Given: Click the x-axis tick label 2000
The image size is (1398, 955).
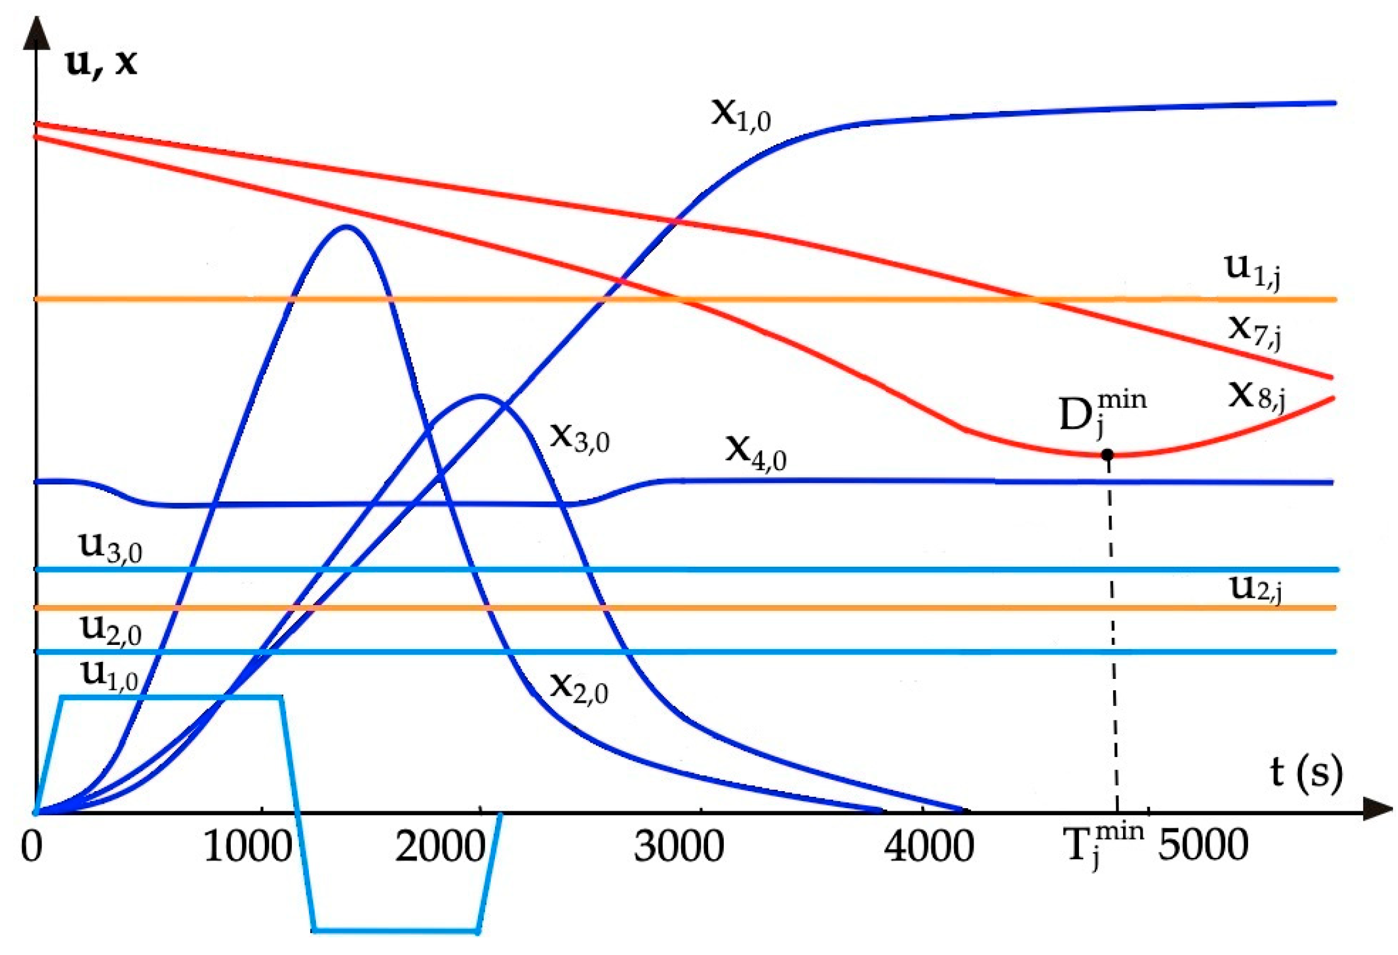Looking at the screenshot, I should click(440, 846).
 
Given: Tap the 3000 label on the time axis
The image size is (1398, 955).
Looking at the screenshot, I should click(679, 846).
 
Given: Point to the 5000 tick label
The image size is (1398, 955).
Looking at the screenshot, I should click(1203, 846).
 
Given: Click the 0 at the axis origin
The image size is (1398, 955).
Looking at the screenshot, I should click(32, 846).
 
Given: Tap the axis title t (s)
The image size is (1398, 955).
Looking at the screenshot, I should click(1306, 773).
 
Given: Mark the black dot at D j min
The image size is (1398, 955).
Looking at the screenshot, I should click(1107, 454).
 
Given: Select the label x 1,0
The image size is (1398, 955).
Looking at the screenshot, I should click(741, 115).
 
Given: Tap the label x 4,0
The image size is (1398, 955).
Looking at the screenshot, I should click(755, 452).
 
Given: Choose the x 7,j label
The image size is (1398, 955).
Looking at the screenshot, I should click(1255, 330).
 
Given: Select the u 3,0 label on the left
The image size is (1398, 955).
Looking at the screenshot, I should click(110, 547).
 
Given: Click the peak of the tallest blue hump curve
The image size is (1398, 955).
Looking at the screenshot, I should click(346, 226).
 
